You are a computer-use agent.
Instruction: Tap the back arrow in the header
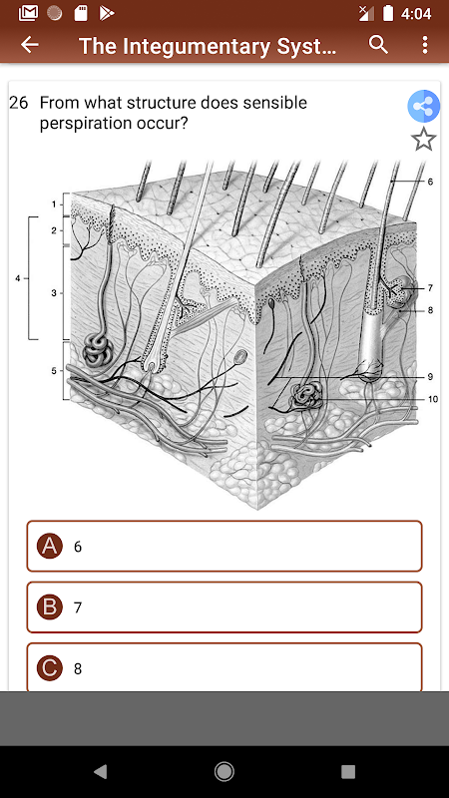pos(30,45)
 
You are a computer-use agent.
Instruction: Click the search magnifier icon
pos(378,45)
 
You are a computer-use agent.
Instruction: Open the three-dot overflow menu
pos(425,45)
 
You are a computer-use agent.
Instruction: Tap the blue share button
pos(423,107)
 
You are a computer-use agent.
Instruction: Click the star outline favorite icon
pos(424,140)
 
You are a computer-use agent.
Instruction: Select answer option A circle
pos(49,546)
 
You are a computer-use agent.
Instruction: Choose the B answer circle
pos(49,607)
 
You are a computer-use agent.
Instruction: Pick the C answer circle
pos(49,668)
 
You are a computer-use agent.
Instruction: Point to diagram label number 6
pos(430,182)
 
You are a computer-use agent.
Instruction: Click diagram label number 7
pos(430,288)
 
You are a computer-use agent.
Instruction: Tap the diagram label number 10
pos(432,399)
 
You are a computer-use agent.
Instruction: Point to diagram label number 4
pos(17,278)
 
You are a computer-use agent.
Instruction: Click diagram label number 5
pos(54,370)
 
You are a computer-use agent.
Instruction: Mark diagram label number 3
pos(54,293)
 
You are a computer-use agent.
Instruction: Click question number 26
pos(18,103)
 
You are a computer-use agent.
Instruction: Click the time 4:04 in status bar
pos(416,13)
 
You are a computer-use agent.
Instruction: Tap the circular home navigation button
pos(224,771)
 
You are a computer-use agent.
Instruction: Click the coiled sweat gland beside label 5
pos(95,351)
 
